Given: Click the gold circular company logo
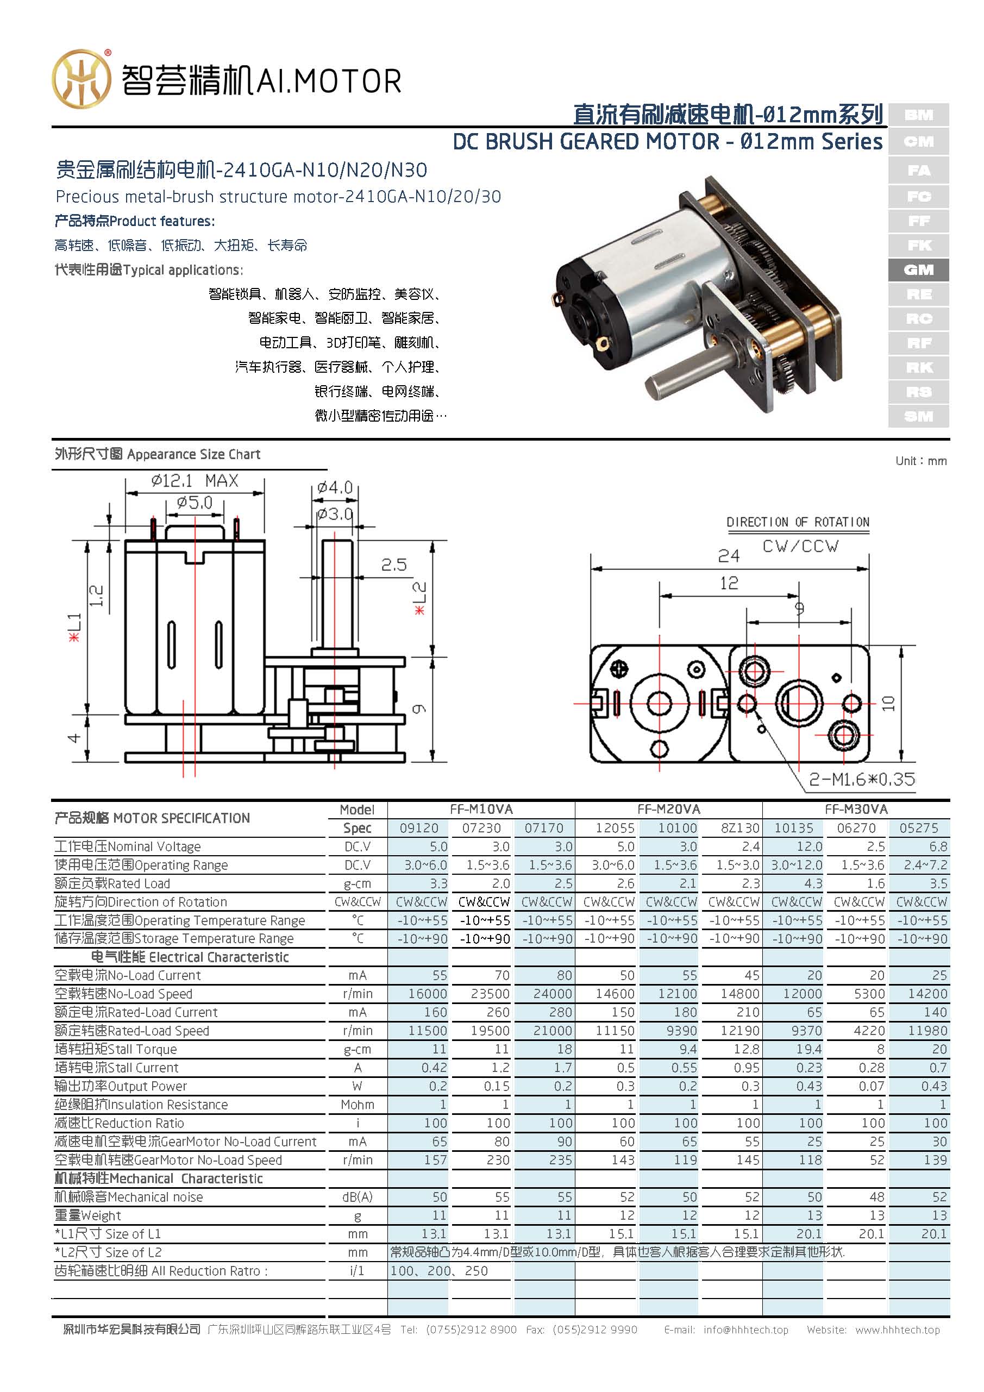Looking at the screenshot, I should coord(82,79).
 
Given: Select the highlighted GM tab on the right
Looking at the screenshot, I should coord(918,270).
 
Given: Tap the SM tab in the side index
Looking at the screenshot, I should coord(918,417).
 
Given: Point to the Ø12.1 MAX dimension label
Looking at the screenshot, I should coord(195,481).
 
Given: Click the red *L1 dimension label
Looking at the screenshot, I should coord(74,628).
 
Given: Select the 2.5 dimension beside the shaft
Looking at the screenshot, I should coord(393,565).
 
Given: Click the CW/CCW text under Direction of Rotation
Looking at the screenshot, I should coord(800,546).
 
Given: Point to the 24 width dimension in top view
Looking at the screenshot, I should coord(729,555).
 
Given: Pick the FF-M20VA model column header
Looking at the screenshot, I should coord(668,810).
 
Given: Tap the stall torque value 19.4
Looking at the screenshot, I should coord(809,1049).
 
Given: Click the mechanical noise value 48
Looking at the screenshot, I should coord(876,1197).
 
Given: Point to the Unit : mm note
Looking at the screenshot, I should coord(920,461).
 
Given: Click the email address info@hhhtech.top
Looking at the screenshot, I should coord(745,1330).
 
